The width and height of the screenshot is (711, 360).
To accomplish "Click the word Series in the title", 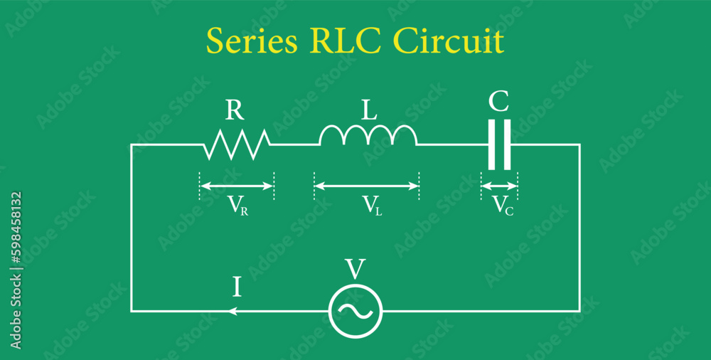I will pos(252,43).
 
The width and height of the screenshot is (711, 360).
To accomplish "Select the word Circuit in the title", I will pos(449,42).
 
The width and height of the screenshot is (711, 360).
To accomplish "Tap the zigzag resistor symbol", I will pos(237,144).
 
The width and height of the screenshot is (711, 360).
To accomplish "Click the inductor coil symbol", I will pos(368,135).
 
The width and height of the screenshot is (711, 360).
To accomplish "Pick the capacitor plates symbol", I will pos(499,144).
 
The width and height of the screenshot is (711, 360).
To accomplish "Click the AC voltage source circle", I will pos(355,310).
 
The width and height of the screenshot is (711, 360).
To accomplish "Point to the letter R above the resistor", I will pos(235,110).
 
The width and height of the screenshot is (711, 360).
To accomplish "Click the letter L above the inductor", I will pos(368,110).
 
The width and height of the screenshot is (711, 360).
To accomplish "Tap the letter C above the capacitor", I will pos(498,102).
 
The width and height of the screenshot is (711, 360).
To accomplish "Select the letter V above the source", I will pos(355,270).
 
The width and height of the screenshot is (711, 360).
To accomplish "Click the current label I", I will pos(237,287).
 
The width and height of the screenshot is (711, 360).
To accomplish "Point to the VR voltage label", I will pos(237,206).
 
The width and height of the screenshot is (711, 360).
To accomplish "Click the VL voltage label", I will pos(372,206).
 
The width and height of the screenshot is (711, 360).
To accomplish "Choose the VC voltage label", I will pos(503,206).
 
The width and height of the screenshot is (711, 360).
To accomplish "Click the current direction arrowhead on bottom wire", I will pos(232,311).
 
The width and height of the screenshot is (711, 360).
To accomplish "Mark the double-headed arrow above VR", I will pos(237,186).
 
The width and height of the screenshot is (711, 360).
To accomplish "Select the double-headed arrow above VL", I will pos(367,186).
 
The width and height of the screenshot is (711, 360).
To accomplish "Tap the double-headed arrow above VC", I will pos(500,186).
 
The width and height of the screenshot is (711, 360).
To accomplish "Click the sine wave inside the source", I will pos(355,310).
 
